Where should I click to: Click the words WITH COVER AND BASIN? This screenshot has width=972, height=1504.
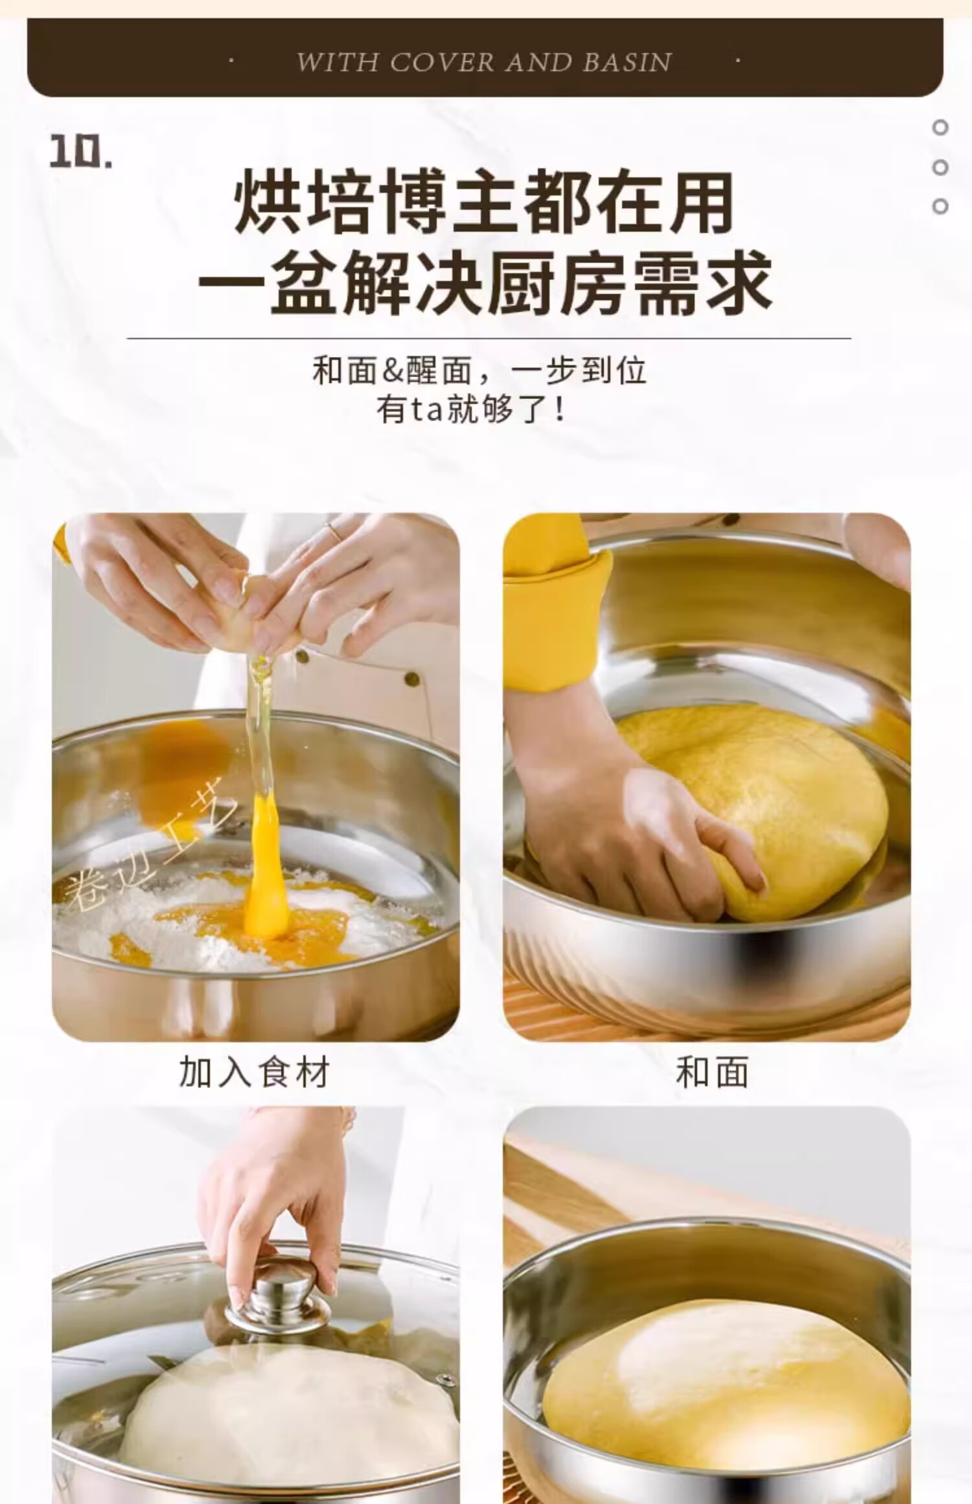coord(483,62)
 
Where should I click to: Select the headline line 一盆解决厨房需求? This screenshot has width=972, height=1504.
coord(485,283)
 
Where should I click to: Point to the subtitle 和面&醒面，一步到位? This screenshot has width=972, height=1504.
coord(480,370)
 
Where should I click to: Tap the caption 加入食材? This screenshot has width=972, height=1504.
coord(254,1072)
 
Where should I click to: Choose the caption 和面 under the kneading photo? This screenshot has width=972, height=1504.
coord(712,1072)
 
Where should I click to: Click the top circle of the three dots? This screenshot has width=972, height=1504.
coord(940,128)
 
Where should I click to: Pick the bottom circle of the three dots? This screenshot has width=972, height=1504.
coord(940,207)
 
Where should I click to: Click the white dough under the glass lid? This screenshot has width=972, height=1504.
coord(285,1419)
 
